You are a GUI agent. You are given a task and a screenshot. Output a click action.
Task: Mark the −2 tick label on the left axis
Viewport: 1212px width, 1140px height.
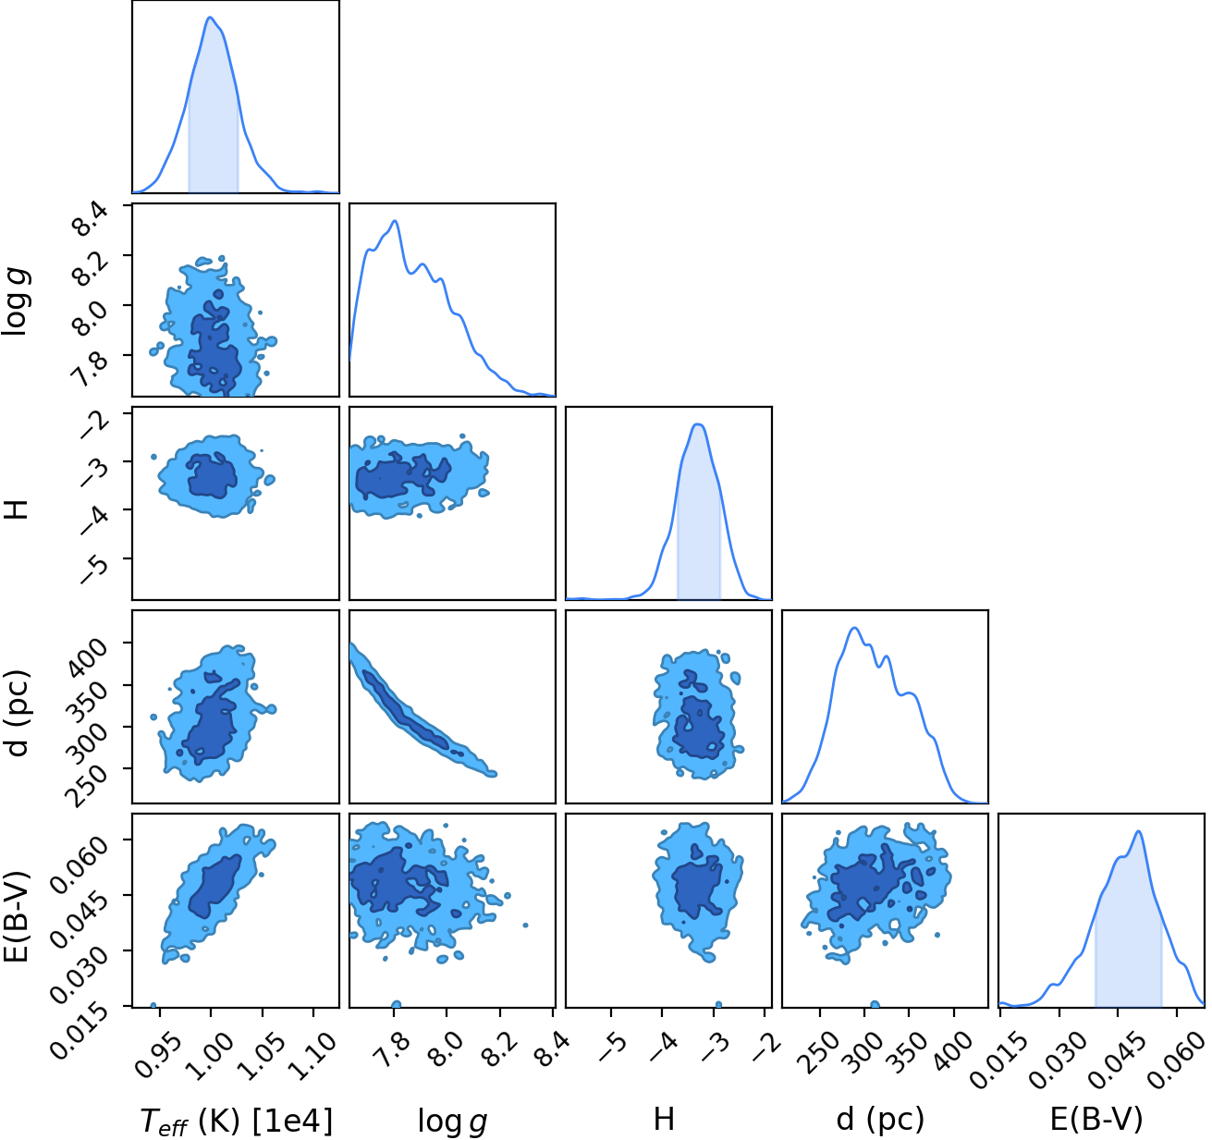(93, 424)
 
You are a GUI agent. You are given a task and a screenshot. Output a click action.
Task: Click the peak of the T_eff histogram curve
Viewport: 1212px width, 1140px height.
(210, 17)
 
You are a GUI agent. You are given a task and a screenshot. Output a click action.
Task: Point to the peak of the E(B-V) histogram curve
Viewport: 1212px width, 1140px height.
(1138, 831)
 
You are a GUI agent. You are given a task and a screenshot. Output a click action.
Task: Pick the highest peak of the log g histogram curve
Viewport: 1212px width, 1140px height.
(395, 220)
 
